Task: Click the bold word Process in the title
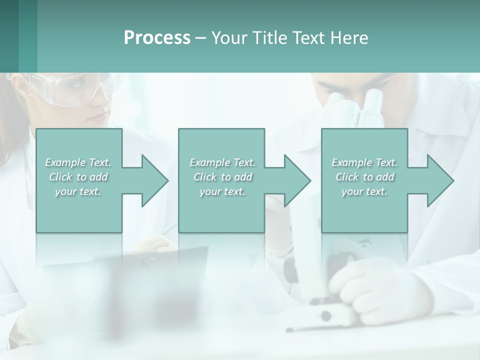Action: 157,38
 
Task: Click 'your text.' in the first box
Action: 78,191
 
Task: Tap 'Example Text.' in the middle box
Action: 222,162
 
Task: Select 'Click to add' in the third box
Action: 365,177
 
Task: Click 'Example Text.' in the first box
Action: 78,162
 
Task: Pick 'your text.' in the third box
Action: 364,191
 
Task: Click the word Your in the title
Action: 228,38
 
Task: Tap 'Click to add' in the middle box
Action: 222,177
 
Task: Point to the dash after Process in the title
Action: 201,38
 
